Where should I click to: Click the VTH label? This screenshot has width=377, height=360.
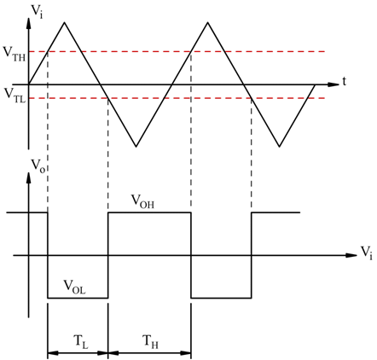click(14, 54)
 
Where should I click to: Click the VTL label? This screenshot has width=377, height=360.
click(15, 96)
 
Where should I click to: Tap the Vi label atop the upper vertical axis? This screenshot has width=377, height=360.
click(37, 11)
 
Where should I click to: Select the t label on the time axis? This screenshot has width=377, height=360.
click(345, 81)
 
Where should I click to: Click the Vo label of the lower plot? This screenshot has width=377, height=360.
click(38, 165)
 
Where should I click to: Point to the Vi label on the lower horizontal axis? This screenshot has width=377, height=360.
click(366, 253)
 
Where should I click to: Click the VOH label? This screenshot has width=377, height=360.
click(142, 201)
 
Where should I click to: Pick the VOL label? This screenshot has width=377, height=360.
click(74, 287)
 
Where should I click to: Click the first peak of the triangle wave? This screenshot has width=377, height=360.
click(65, 22)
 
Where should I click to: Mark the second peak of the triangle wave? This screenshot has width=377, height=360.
click(208, 22)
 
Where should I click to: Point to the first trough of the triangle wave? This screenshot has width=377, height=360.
click(136, 147)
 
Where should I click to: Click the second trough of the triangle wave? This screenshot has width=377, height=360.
click(280, 147)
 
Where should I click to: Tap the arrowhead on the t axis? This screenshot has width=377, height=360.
click(333, 84)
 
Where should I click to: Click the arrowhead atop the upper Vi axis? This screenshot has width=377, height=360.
click(28, 23)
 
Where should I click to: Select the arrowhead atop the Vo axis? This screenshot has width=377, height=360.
click(28, 177)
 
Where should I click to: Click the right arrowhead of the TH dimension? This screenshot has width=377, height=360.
click(185, 353)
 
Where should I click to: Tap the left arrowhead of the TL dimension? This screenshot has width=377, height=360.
click(53, 353)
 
